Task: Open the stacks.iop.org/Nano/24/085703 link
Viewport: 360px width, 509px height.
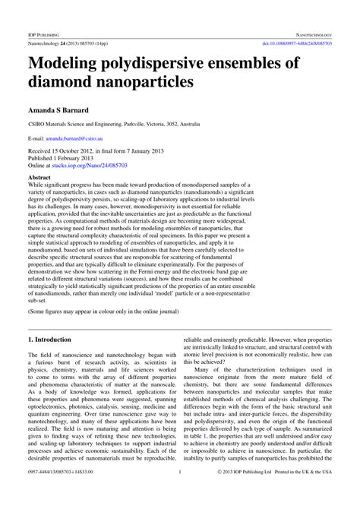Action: coord(96,169)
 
